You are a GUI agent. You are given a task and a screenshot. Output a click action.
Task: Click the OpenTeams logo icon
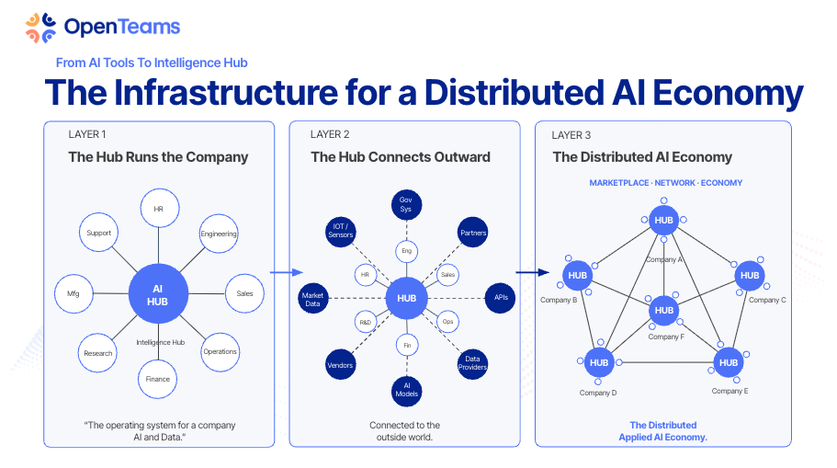(x=40, y=28)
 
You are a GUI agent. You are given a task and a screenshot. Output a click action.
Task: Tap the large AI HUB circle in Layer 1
(x=159, y=294)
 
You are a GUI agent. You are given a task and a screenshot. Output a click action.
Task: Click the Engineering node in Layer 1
(x=219, y=234)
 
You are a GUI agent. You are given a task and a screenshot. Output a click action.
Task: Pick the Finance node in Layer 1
(x=158, y=379)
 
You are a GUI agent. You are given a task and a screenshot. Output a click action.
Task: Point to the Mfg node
(x=74, y=294)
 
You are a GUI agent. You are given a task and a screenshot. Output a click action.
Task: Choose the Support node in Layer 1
(x=98, y=234)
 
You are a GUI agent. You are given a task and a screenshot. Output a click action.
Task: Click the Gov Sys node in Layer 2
(x=406, y=205)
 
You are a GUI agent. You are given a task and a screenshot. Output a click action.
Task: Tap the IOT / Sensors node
(x=340, y=232)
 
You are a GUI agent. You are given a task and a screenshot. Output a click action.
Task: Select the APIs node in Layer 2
(x=500, y=298)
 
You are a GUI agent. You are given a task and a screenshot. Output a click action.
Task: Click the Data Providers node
(x=472, y=364)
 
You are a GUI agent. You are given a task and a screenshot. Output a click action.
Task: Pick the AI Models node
(x=406, y=389)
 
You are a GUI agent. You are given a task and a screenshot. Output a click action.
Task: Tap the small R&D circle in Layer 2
(x=365, y=322)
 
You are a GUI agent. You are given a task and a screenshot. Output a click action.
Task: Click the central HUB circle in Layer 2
(x=406, y=298)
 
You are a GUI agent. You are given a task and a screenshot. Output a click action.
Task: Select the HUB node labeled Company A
(x=664, y=221)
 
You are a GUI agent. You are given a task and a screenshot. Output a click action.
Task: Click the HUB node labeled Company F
(x=664, y=311)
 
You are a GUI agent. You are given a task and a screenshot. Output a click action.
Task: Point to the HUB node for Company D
(x=599, y=362)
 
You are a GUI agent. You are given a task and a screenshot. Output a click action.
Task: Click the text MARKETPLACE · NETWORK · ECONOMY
(x=665, y=183)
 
